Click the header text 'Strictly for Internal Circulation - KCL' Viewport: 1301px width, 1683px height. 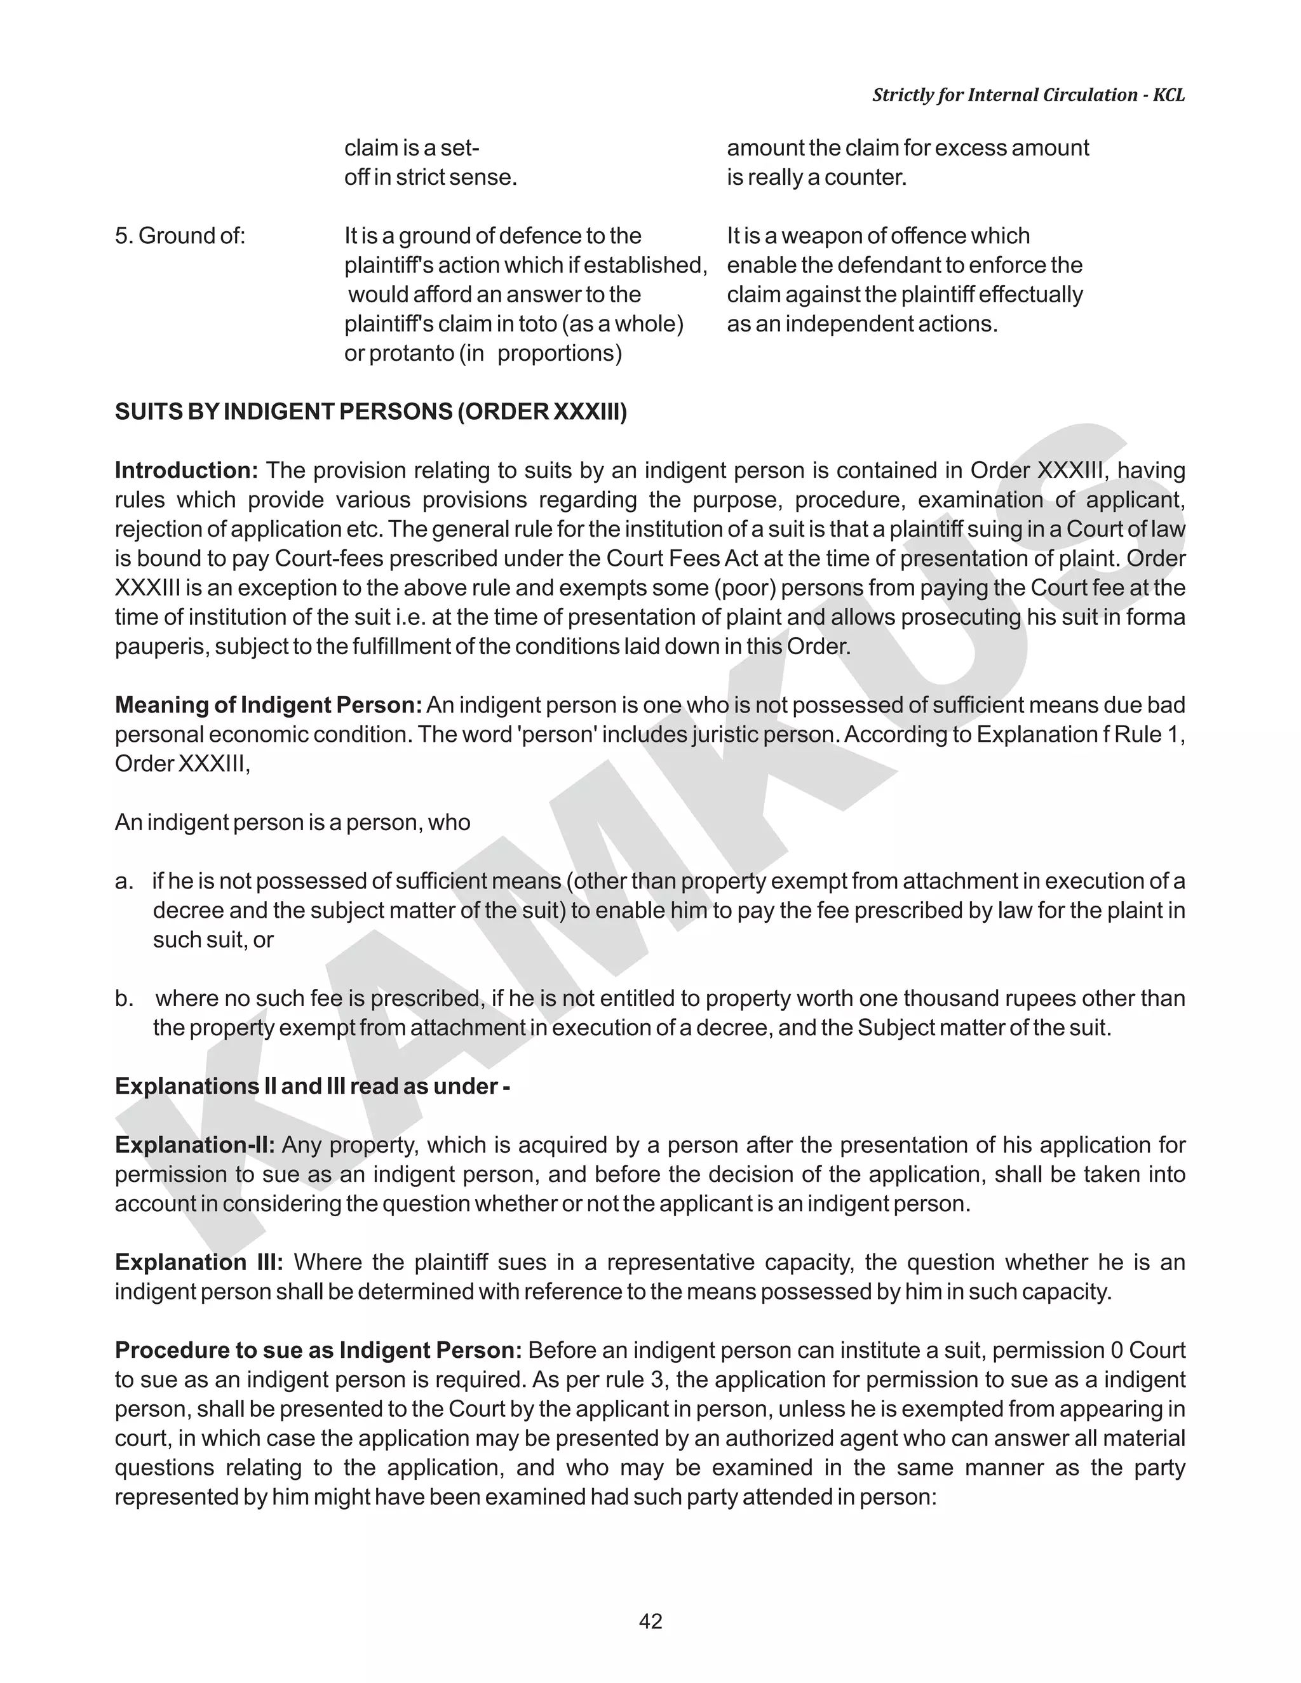coord(1028,95)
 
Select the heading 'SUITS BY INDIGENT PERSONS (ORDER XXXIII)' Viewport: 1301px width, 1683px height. coord(371,412)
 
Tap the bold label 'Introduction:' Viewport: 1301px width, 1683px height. coord(185,471)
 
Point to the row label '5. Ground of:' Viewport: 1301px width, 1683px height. coord(180,236)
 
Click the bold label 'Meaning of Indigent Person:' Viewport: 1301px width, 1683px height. coord(268,705)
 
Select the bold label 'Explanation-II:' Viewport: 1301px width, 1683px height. coord(194,1145)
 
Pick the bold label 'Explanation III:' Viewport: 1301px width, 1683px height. coord(199,1263)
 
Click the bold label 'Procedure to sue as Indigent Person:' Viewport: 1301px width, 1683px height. coord(318,1350)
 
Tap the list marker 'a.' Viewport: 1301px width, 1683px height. coord(123,882)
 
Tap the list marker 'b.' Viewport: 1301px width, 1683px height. coord(123,999)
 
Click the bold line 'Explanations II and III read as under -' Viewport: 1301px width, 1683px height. coord(312,1087)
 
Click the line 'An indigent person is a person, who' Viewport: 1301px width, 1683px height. coord(292,823)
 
